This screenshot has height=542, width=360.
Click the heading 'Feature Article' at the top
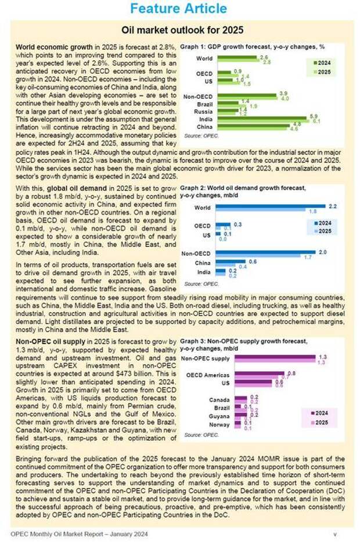(x=179, y=9)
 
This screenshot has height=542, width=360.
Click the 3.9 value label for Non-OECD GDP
(x=283, y=93)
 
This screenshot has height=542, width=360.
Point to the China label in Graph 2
(x=203, y=263)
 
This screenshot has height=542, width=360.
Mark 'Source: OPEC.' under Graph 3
(x=201, y=435)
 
